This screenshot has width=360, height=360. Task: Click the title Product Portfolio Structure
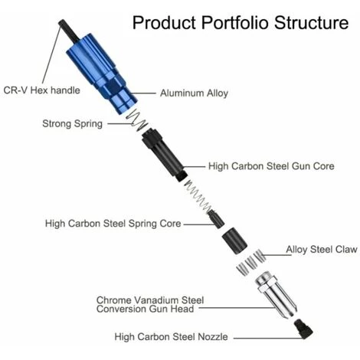241,23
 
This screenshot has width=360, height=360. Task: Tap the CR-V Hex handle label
41,90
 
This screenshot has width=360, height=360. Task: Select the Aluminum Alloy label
194,93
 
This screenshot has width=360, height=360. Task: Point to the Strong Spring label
72,124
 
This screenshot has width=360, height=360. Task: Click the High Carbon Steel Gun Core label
271,166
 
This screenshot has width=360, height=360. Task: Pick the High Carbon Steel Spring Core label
113,224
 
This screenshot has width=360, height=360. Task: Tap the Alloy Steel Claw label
322,250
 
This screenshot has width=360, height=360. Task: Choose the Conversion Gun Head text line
145,309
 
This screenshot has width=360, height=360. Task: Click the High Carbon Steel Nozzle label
171,337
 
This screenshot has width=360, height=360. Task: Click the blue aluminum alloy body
101,73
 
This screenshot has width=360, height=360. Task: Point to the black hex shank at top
69,31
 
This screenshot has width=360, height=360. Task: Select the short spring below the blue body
137,119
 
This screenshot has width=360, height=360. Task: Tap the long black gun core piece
163,155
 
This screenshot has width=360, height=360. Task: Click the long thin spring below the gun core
198,195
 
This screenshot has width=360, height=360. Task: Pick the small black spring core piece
216,219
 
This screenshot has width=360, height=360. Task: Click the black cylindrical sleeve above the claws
234,241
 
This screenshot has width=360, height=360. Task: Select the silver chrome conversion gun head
276,295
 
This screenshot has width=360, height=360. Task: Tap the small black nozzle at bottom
303,329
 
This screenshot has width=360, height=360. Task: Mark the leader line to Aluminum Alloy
144,93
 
